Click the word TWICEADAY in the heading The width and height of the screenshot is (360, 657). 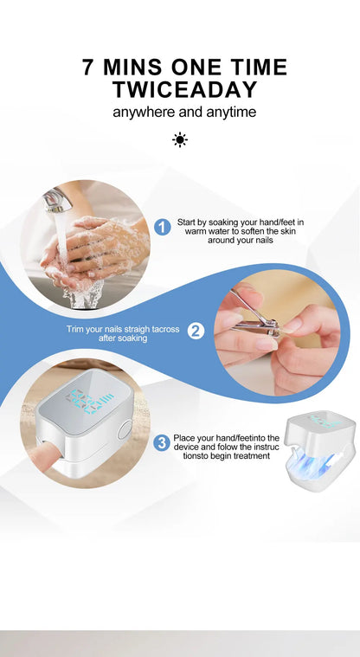pos(184,89)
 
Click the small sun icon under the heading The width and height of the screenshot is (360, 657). pos(179,139)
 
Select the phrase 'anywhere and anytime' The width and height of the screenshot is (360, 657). pos(184,112)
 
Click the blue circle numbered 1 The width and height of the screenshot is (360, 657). pos(162,227)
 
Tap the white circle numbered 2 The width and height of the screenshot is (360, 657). pos(196,330)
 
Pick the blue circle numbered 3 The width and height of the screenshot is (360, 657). pos(161,442)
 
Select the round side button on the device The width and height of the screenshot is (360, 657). pos(126,429)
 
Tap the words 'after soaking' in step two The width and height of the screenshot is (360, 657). pos(123,338)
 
